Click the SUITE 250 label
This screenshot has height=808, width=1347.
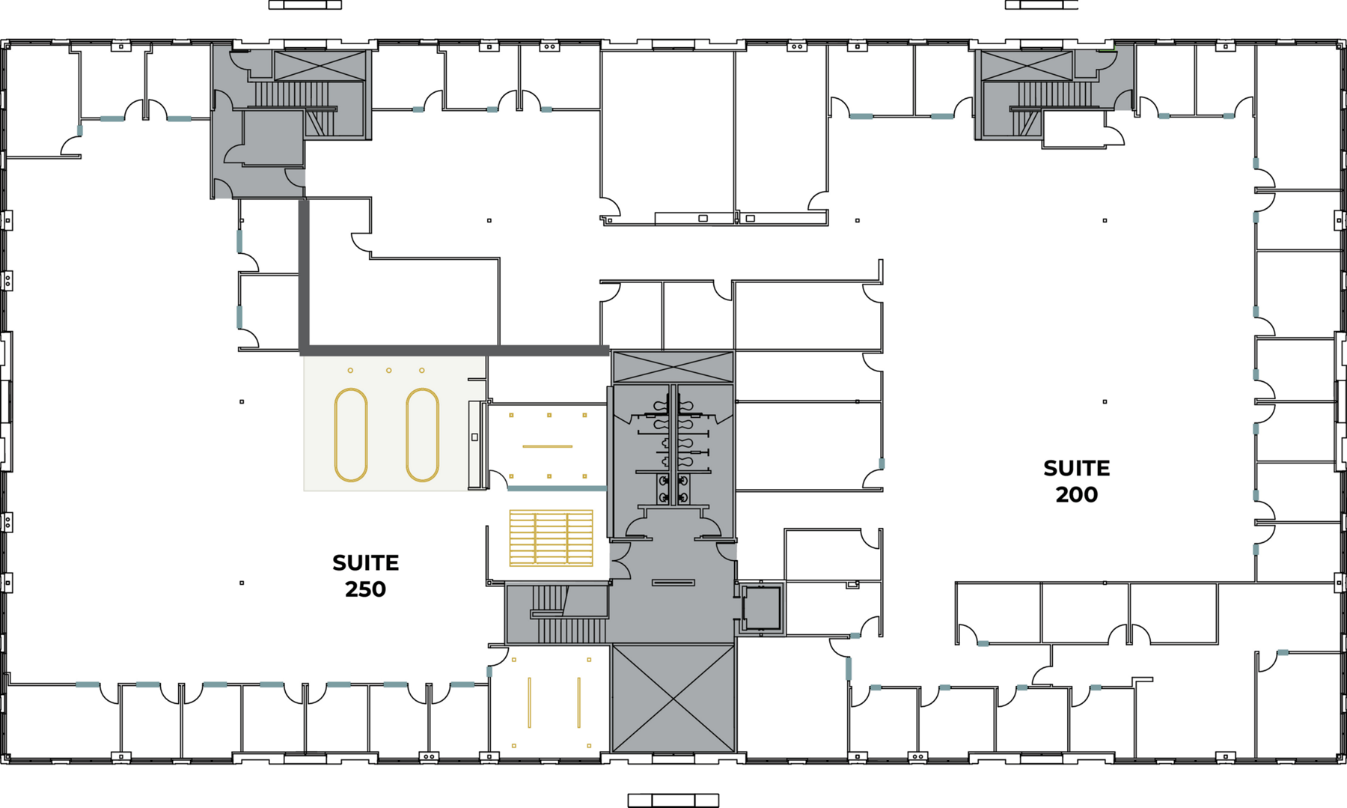(x=365, y=575)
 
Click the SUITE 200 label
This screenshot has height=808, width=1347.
(x=1076, y=481)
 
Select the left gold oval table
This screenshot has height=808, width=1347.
(x=350, y=434)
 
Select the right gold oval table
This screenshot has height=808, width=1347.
(x=422, y=434)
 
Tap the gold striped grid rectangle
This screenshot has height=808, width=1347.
(x=551, y=538)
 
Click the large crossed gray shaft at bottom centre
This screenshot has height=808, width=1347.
(x=673, y=698)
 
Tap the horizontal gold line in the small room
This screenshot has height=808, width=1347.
(x=547, y=446)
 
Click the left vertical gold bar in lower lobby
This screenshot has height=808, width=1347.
(x=529, y=702)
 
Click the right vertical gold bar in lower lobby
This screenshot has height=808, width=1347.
(x=578, y=702)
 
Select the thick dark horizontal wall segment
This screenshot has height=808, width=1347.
(x=455, y=350)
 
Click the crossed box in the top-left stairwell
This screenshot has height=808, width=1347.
(x=320, y=66)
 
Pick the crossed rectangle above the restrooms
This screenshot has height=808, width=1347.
(x=673, y=367)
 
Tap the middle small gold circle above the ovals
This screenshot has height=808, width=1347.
(x=388, y=371)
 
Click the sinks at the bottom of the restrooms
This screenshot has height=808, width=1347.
(x=673, y=489)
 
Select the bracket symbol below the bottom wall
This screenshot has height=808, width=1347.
(x=673, y=801)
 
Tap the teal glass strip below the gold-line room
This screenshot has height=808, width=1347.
(x=556, y=488)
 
